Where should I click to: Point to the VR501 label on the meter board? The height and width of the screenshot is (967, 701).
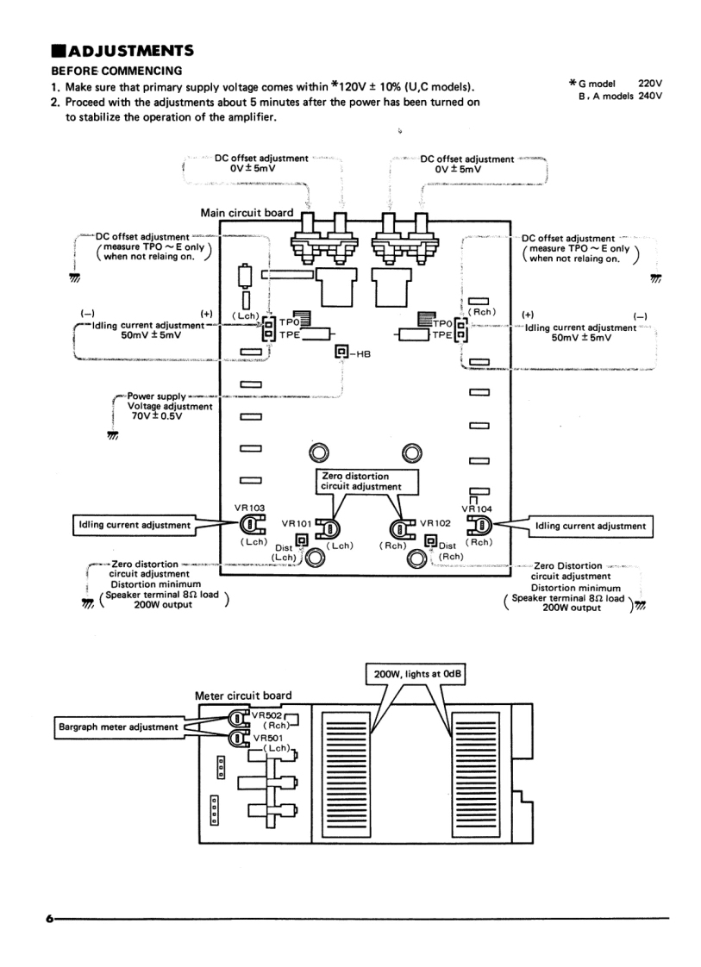point(266,738)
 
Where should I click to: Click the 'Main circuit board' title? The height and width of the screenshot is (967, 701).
point(247,213)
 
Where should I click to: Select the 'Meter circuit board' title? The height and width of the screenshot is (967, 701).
point(243,695)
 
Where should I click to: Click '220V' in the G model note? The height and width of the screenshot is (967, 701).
point(648,83)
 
